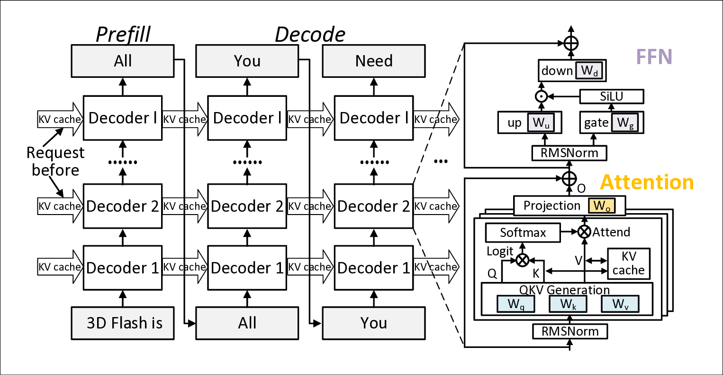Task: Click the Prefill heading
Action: point(123,34)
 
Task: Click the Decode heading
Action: point(310,34)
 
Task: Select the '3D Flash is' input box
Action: point(123,323)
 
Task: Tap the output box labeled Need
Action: point(374,61)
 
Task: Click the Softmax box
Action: point(523,233)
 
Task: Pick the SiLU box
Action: point(612,97)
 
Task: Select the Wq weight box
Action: point(515,304)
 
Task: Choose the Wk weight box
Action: point(568,304)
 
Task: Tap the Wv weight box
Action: point(620,304)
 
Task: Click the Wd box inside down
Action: point(589,71)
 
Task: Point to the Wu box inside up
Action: point(544,123)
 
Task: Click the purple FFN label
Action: point(654,57)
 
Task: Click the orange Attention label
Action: point(647,182)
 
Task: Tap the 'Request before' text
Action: point(55,161)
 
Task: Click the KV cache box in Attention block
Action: point(629,263)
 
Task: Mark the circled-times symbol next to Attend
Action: point(585,232)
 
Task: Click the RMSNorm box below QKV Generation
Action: point(570,331)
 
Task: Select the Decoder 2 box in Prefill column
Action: point(123,206)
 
